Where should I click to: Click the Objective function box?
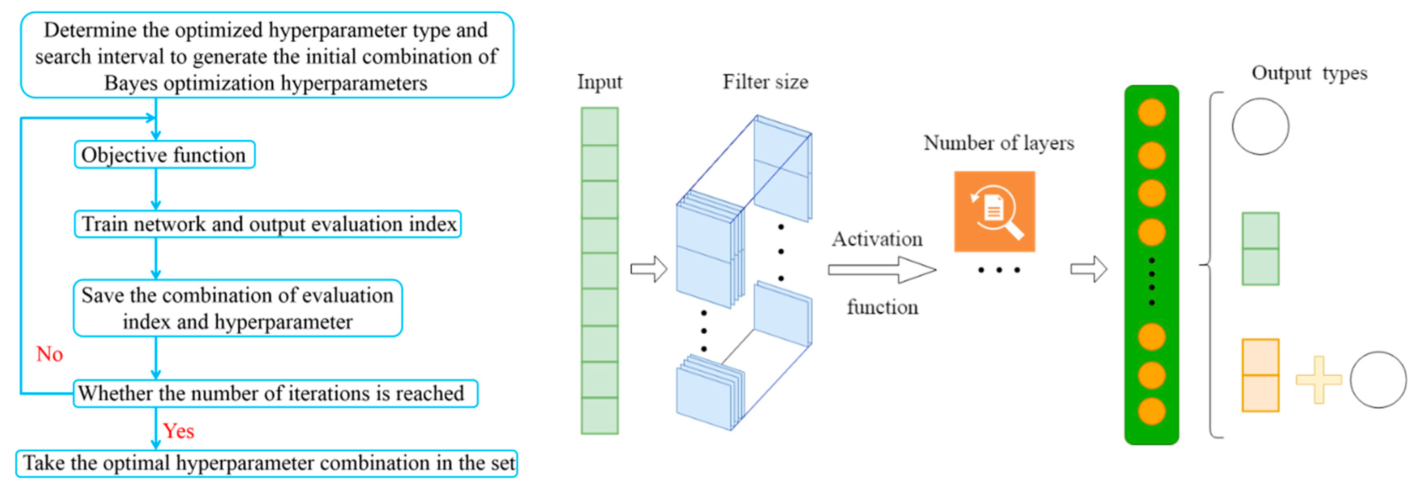point(164,155)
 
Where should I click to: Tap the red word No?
point(49,354)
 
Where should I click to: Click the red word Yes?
point(178,431)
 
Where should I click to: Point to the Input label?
point(599,82)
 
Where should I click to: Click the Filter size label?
point(765,82)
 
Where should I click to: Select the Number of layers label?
point(998,143)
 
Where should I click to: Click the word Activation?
point(877,239)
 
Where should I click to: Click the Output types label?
point(1309,73)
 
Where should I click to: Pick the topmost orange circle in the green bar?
point(1151,112)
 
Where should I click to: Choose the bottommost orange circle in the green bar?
point(1151,411)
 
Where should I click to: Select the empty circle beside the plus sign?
point(1378,379)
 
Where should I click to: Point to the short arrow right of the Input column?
point(648,269)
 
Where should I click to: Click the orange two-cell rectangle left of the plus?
point(1260,376)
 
